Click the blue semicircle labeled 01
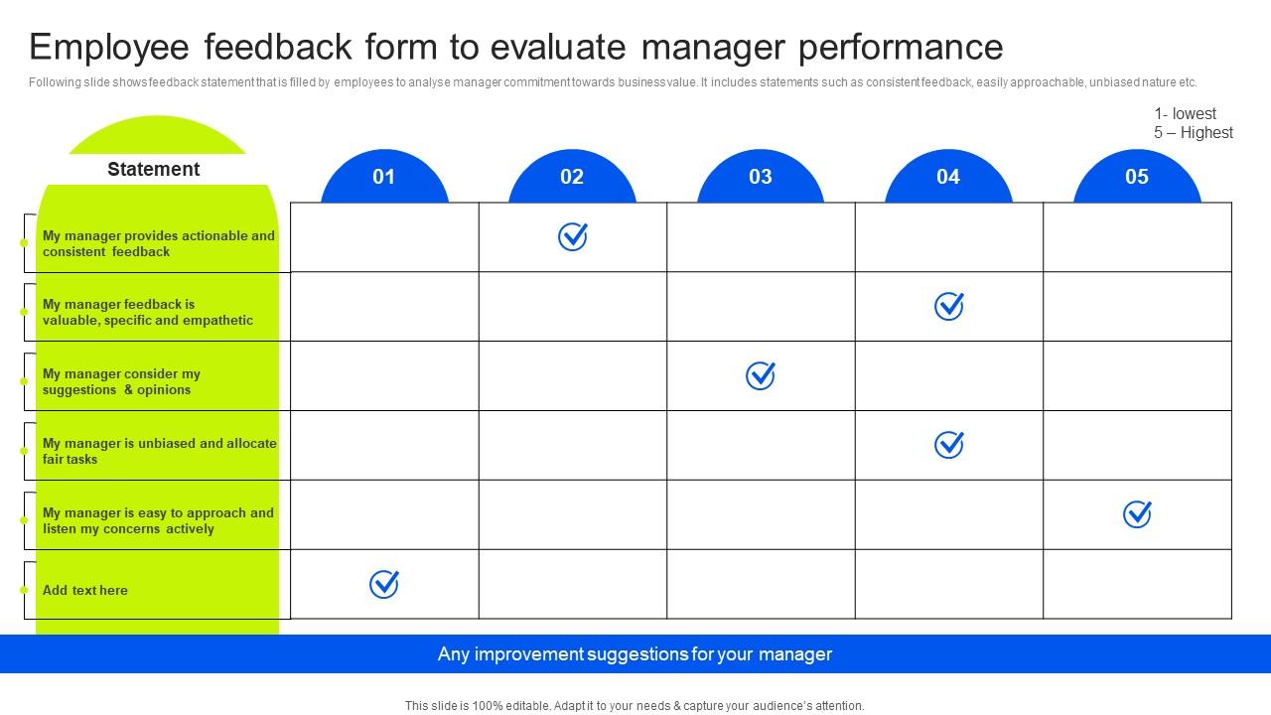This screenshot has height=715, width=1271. [384, 177]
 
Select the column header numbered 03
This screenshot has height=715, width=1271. [761, 177]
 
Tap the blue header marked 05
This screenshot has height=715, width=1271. [1137, 177]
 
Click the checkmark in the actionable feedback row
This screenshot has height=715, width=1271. [573, 236]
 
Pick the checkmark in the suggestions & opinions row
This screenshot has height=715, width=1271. [761, 375]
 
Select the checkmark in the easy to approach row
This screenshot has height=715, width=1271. [1137, 514]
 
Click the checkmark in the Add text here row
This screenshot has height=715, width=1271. [384, 584]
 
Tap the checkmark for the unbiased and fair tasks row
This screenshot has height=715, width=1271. [948, 445]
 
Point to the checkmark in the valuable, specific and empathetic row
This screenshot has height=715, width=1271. [948, 307]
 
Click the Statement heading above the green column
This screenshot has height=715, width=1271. [153, 169]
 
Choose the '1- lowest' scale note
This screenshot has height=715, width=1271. [1185, 113]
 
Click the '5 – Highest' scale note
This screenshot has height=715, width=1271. [1194, 133]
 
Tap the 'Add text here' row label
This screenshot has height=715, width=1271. [85, 590]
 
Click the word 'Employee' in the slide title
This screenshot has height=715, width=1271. [109, 48]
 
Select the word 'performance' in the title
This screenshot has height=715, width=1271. [901, 48]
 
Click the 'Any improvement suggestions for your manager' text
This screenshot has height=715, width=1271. [635, 654]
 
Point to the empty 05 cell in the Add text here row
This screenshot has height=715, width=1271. [1137, 584]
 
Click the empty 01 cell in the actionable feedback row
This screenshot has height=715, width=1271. [384, 237]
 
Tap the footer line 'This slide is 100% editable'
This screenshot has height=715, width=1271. [635, 706]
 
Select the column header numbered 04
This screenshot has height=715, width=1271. [948, 177]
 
